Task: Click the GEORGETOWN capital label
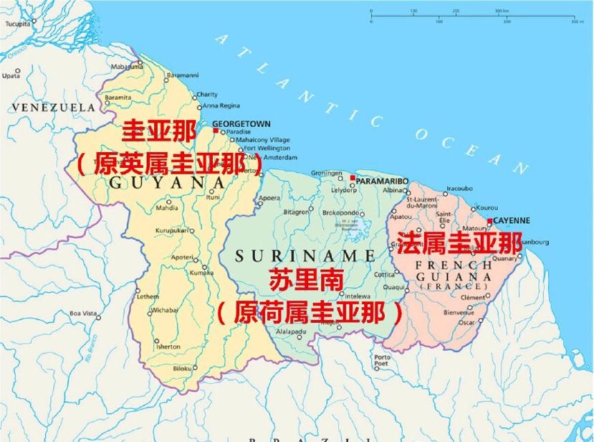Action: click(241, 123)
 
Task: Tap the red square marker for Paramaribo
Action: click(353, 177)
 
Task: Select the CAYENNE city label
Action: click(512, 221)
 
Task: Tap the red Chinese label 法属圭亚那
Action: click(459, 243)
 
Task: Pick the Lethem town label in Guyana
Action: click(148, 296)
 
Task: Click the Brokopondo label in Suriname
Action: click(340, 212)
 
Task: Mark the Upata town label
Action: click(11, 75)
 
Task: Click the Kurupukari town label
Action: click(172, 230)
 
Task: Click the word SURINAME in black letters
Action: click(305, 255)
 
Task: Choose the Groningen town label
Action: click(327, 173)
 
